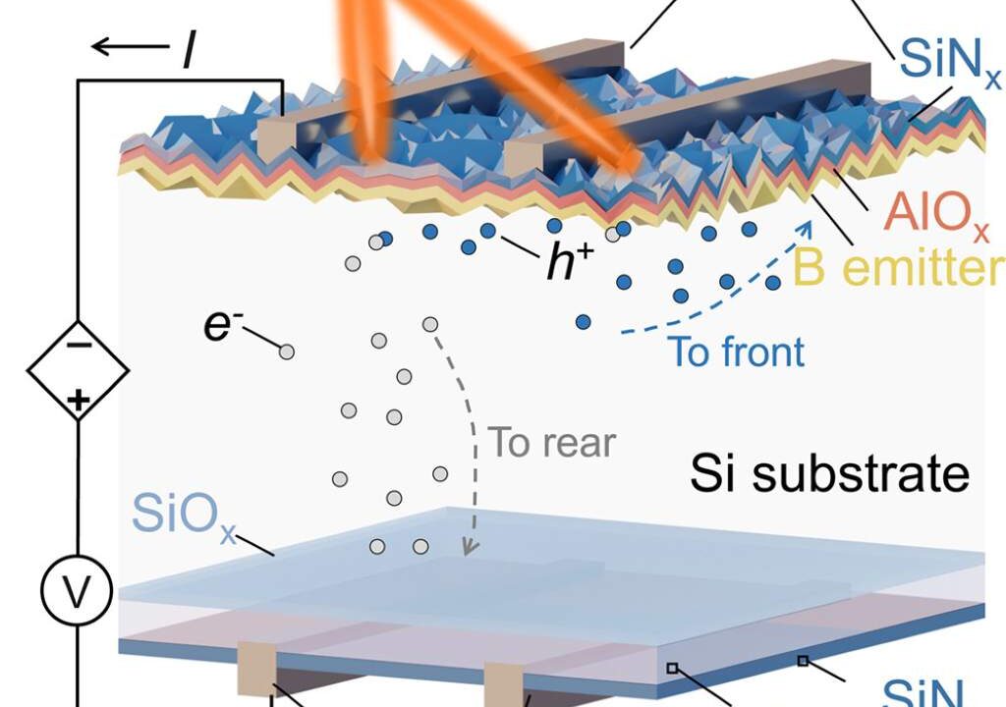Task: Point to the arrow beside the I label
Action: point(131,46)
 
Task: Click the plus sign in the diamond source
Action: point(79,401)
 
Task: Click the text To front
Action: point(736,352)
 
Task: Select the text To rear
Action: point(552,442)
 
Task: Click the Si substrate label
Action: point(829,473)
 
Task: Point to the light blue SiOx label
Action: point(184,516)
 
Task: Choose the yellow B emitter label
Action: point(898,265)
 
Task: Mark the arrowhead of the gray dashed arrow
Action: point(472,547)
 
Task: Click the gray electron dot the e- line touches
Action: point(287,352)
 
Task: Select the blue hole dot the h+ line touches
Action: point(487,231)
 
